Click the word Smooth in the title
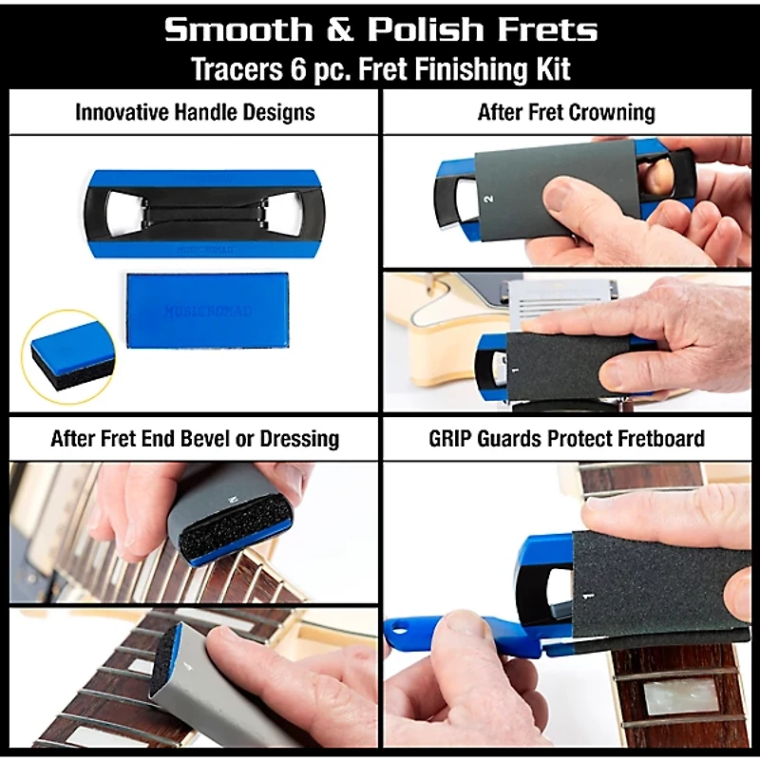tap(237, 29)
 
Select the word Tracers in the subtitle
tap(235, 69)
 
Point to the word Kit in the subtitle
tap(548, 69)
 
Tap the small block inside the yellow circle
tap(68, 351)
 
